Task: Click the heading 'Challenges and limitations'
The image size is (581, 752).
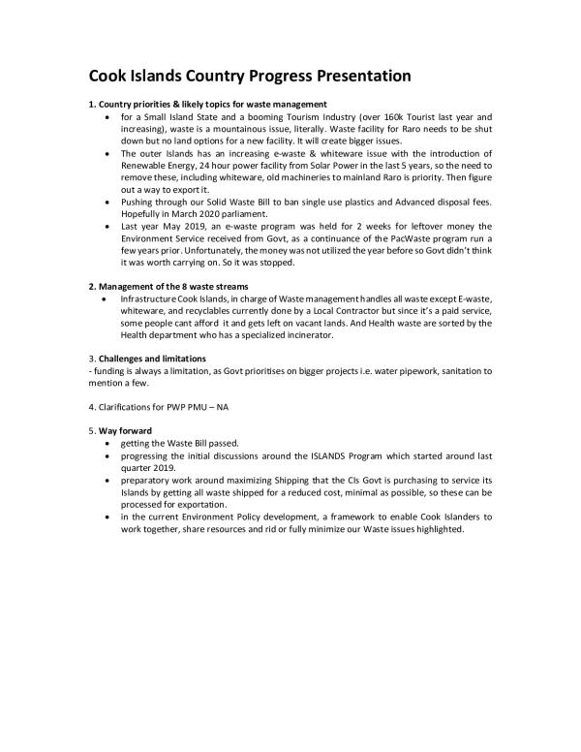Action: tap(154, 360)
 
